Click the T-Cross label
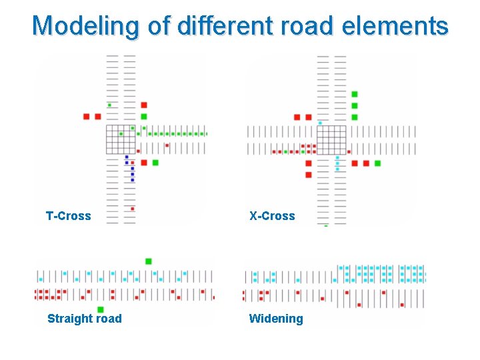[x=68, y=216]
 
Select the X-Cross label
[x=272, y=216]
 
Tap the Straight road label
[x=85, y=319]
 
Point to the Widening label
[x=276, y=319]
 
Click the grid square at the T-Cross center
[x=121, y=139]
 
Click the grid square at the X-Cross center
[x=331, y=139]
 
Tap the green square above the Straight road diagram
[x=148, y=261]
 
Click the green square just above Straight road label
[x=101, y=309]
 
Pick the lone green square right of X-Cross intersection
[x=377, y=163]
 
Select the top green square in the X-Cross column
[x=355, y=94]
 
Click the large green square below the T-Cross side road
[x=155, y=163]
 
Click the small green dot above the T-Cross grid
[x=110, y=105]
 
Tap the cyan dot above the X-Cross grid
[x=320, y=123]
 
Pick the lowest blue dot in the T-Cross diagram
[x=132, y=180]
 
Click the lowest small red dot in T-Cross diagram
[x=132, y=209]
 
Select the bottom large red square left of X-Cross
[x=309, y=175]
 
